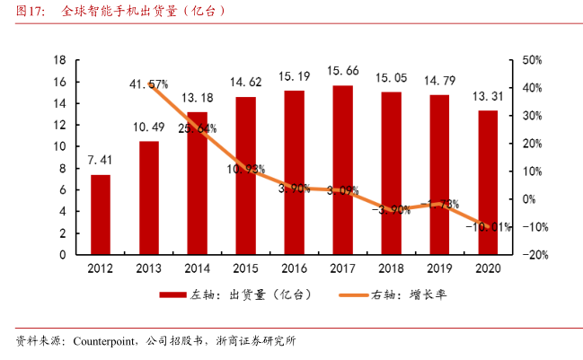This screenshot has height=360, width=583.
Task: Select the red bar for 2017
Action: click(x=342, y=170)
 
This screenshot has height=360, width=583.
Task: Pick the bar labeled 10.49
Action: click(x=149, y=198)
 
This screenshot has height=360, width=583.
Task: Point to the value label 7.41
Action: click(x=101, y=160)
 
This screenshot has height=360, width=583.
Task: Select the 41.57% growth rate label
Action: click(x=148, y=83)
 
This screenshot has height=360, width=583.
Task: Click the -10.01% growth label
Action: click(x=488, y=227)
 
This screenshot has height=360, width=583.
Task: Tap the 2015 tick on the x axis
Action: click(x=245, y=268)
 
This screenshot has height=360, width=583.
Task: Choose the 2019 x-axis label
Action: click(x=439, y=268)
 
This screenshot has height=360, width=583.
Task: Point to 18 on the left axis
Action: click(x=60, y=60)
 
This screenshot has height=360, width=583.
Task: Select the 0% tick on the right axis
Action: click(x=530, y=199)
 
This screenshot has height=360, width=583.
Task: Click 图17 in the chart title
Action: click(x=29, y=13)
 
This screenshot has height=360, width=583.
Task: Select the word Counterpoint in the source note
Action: click(x=104, y=341)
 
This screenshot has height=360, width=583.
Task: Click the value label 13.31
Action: click(x=488, y=96)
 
